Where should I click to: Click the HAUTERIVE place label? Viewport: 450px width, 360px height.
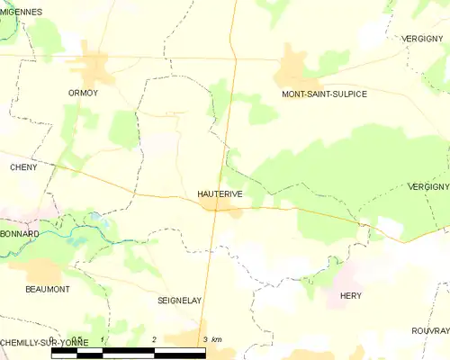[219, 193]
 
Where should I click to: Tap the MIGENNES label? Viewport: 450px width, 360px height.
[22, 12]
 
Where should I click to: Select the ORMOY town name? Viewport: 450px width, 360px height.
[83, 93]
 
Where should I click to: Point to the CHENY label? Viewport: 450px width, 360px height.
[22, 167]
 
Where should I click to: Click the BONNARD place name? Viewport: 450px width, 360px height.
[20, 233]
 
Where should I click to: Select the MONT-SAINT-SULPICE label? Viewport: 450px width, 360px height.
[324, 94]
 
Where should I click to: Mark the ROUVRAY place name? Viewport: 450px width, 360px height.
[430, 329]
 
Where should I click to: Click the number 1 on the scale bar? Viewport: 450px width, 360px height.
[103, 339]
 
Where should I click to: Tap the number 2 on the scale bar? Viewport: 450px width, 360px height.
[155, 339]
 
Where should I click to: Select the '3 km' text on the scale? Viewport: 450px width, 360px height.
[212, 339]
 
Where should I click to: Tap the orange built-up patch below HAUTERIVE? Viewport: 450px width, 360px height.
[220, 209]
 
